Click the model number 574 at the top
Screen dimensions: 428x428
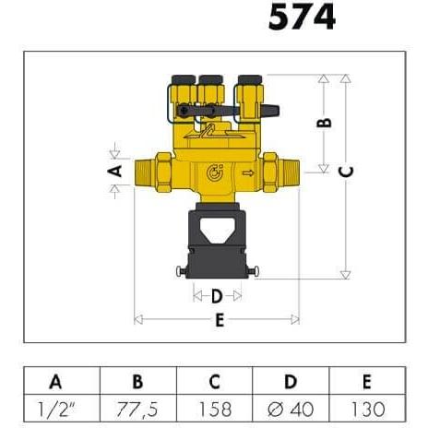(x=302, y=17)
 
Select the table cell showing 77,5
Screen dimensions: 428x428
(x=137, y=409)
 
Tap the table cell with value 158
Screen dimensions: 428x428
(x=215, y=409)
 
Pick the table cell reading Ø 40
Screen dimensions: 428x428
(x=291, y=409)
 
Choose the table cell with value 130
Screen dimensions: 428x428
(x=367, y=409)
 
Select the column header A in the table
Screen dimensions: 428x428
(x=55, y=382)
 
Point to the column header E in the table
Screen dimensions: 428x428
(x=367, y=382)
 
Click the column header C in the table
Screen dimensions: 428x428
(x=214, y=382)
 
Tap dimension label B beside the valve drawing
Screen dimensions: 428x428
(x=324, y=123)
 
